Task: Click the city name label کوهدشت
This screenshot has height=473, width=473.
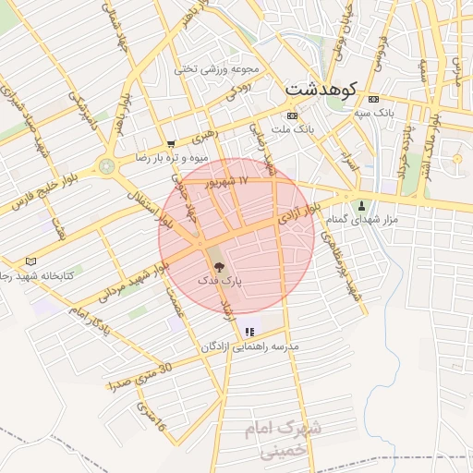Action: (x=320, y=91)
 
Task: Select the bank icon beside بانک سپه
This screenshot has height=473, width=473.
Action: (x=373, y=99)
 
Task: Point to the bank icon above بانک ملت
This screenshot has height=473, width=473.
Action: (x=293, y=115)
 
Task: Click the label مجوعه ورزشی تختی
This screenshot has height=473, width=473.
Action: (x=220, y=69)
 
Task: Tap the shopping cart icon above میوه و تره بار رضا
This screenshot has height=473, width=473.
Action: (x=172, y=144)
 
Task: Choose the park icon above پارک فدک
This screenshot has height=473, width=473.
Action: (x=218, y=266)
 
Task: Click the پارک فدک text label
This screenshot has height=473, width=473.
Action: (x=218, y=279)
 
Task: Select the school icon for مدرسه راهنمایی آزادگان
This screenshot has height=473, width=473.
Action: (x=249, y=332)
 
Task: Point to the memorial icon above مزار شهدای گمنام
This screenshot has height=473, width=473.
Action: (x=361, y=205)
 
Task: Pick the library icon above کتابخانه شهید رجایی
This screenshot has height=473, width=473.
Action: (x=31, y=262)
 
